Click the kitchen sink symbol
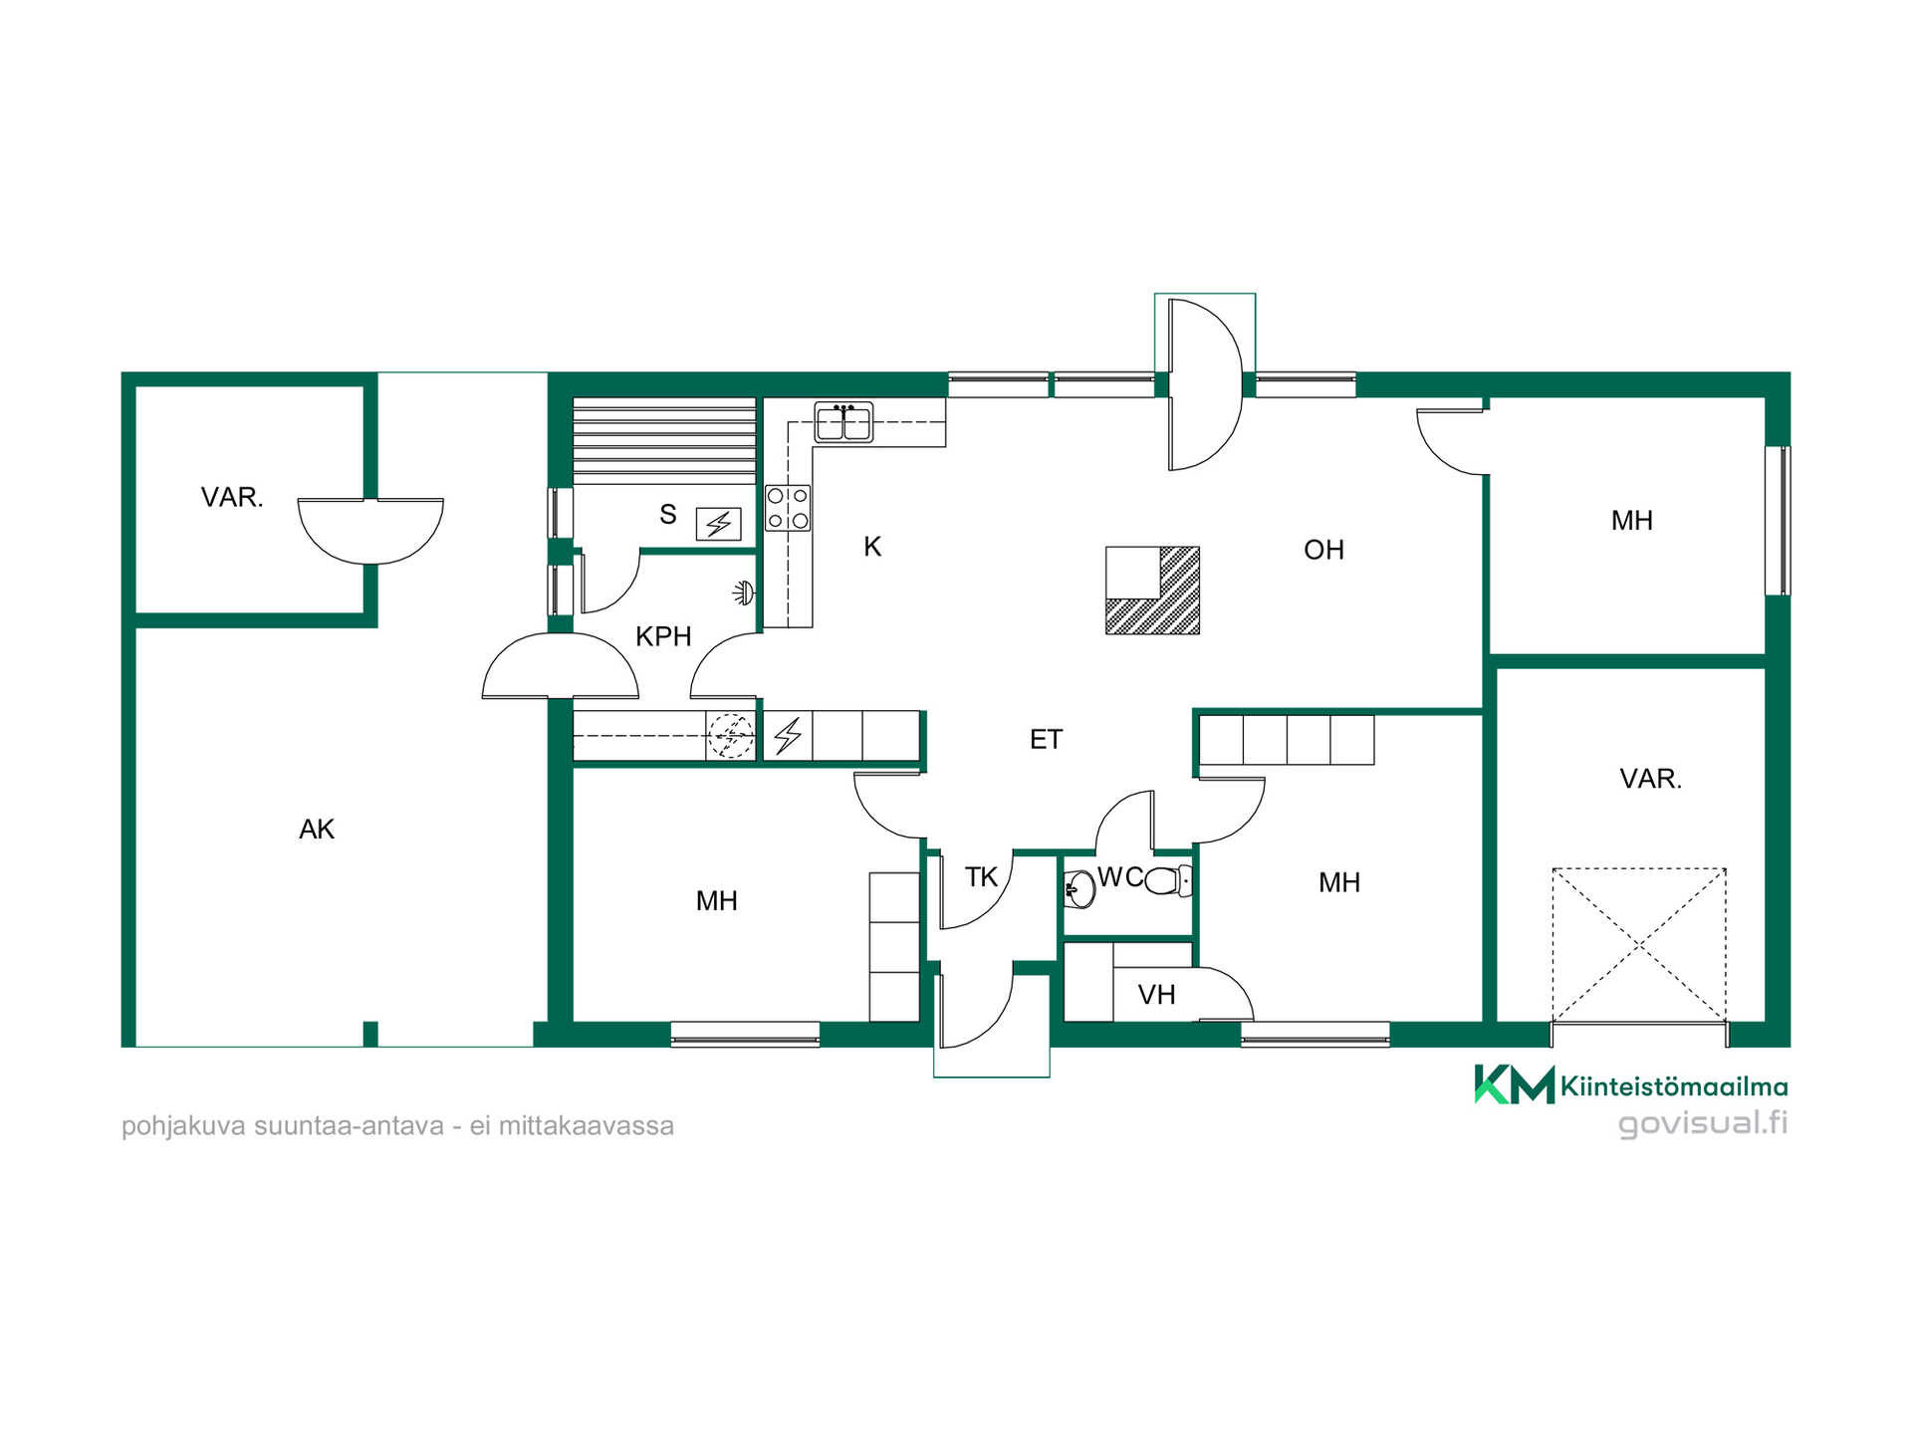click(x=843, y=421)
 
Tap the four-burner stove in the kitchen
click(x=788, y=508)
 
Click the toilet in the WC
click(x=1168, y=881)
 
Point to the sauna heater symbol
click(x=718, y=524)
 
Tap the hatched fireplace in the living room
click(x=1152, y=591)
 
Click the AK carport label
click(x=317, y=830)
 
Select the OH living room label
click(x=1323, y=550)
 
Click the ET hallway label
click(x=1046, y=740)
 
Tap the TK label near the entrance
click(x=981, y=877)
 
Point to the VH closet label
click(x=1156, y=995)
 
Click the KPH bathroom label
click(x=663, y=636)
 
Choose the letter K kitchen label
click(x=872, y=547)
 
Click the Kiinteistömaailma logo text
click(x=1673, y=1086)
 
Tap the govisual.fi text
click(x=1703, y=1123)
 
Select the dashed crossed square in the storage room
click(x=1638, y=945)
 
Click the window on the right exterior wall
click(x=1778, y=521)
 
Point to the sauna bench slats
click(x=664, y=441)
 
